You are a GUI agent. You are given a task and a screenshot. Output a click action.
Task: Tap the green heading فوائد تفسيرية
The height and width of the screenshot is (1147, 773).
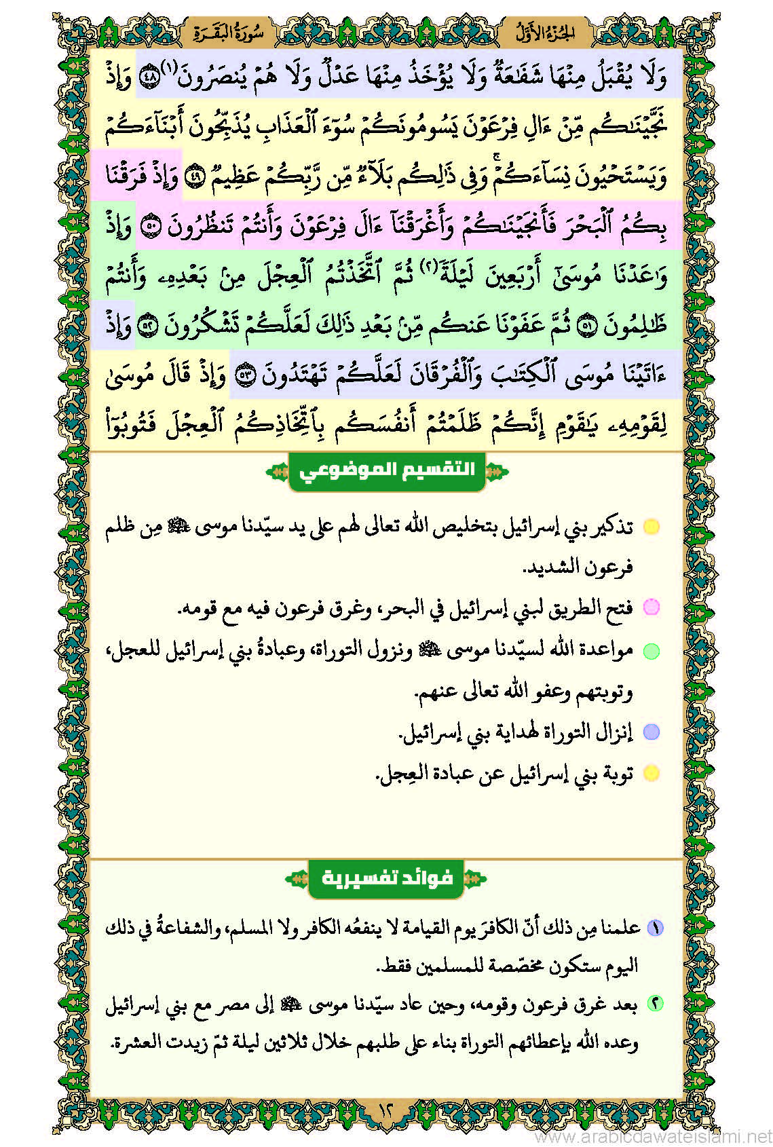(x=387, y=878)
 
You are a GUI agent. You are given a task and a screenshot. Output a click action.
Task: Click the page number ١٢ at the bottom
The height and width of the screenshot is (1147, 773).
(x=385, y=1111)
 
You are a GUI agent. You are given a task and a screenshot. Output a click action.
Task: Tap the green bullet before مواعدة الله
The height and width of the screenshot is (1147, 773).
(x=651, y=651)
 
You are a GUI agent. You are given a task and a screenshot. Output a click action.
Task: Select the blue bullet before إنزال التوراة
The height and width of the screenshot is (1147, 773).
(x=651, y=732)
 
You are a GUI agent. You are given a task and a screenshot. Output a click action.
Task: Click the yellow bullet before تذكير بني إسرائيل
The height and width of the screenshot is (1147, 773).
(x=651, y=527)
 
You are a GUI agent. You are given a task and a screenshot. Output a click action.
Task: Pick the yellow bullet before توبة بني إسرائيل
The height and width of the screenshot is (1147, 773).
(x=651, y=773)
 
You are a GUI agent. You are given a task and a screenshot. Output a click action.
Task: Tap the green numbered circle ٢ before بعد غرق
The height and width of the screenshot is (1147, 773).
(x=655, y=1004)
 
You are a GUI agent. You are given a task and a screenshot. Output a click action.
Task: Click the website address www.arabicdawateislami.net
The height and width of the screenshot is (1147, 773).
(x=653, y=1136)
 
